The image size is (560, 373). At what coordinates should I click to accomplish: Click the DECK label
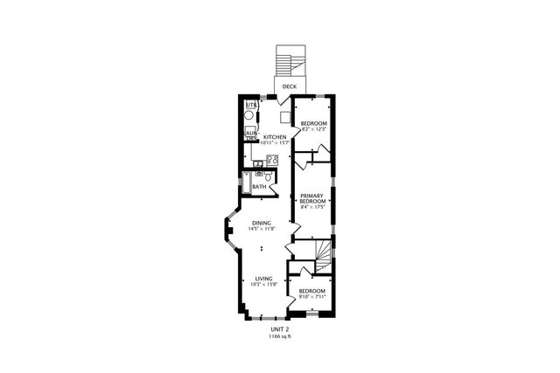290,87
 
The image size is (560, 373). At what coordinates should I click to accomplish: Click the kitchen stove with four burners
272,160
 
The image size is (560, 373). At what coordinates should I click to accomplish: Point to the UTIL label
250,105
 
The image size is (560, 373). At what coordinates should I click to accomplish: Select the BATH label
259,187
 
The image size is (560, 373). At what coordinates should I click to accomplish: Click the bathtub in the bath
248,187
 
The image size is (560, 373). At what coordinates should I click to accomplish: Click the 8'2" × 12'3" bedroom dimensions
313,130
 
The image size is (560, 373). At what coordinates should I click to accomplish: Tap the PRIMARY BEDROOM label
313,198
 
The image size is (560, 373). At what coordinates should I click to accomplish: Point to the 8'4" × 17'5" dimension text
313,207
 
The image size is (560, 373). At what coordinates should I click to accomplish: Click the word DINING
261,223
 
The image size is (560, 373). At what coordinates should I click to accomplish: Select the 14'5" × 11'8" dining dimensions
261,229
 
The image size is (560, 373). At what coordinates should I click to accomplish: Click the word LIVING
260,279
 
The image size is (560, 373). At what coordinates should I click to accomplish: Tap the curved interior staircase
323,252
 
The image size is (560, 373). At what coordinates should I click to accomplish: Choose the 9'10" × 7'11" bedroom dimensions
312,296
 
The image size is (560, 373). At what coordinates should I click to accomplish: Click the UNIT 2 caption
281,328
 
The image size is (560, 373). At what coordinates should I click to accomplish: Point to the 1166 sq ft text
281,335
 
